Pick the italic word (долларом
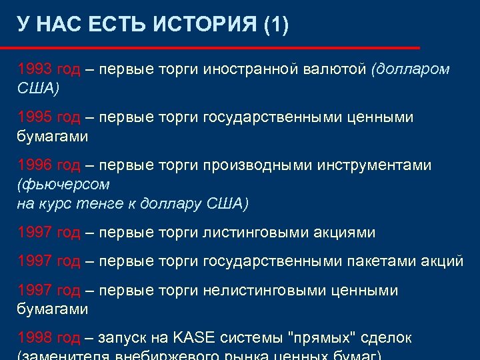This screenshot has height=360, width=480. [411, 69]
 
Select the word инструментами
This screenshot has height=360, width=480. [374, 165]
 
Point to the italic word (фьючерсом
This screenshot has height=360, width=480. [63, 184]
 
